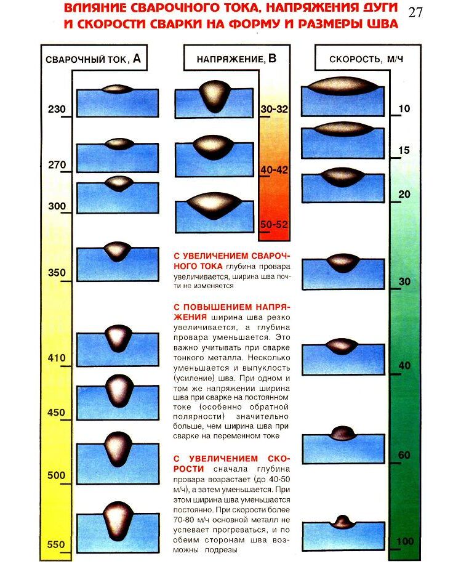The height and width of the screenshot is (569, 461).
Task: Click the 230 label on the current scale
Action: tap(56, 110)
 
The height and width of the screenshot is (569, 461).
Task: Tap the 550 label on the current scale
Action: tap(56, 544)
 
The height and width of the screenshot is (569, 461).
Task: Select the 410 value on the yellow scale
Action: tap(56, 357)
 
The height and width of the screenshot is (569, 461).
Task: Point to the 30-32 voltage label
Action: tap(275, 109)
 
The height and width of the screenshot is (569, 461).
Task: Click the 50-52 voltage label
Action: tap(275, 224)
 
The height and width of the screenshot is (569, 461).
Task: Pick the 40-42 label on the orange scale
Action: tap(275, 169)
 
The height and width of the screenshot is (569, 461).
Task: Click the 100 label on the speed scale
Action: tap(405, 541)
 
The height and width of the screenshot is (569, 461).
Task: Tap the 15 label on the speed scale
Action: tap(404, 150)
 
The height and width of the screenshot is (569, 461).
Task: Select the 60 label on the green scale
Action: tap(404, 455)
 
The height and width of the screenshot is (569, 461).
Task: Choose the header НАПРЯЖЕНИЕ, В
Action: tap(236, 59)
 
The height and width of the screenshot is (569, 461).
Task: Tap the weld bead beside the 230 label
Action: tap(117, 89)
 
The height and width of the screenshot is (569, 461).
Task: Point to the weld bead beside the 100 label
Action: tap(343, 522)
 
